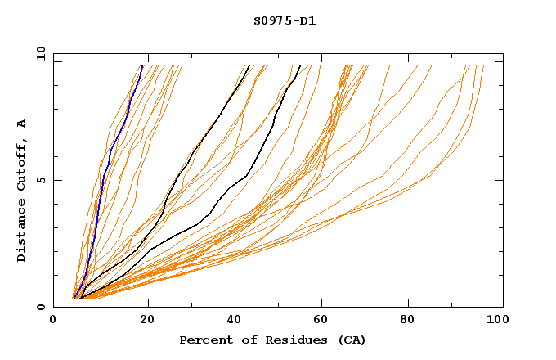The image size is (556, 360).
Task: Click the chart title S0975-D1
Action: click(x=285, y=21)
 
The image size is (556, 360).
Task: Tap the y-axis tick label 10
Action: click(x=39, y=53)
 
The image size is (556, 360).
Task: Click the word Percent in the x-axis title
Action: click(x=204, y=340)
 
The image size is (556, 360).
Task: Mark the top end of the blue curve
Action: click(x=142, y=66)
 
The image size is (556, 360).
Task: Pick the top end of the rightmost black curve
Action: click(x=300, y=66)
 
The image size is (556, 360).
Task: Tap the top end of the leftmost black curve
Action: click(x=249, y=66)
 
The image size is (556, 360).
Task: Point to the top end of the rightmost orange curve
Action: click(x=483, y=66)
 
